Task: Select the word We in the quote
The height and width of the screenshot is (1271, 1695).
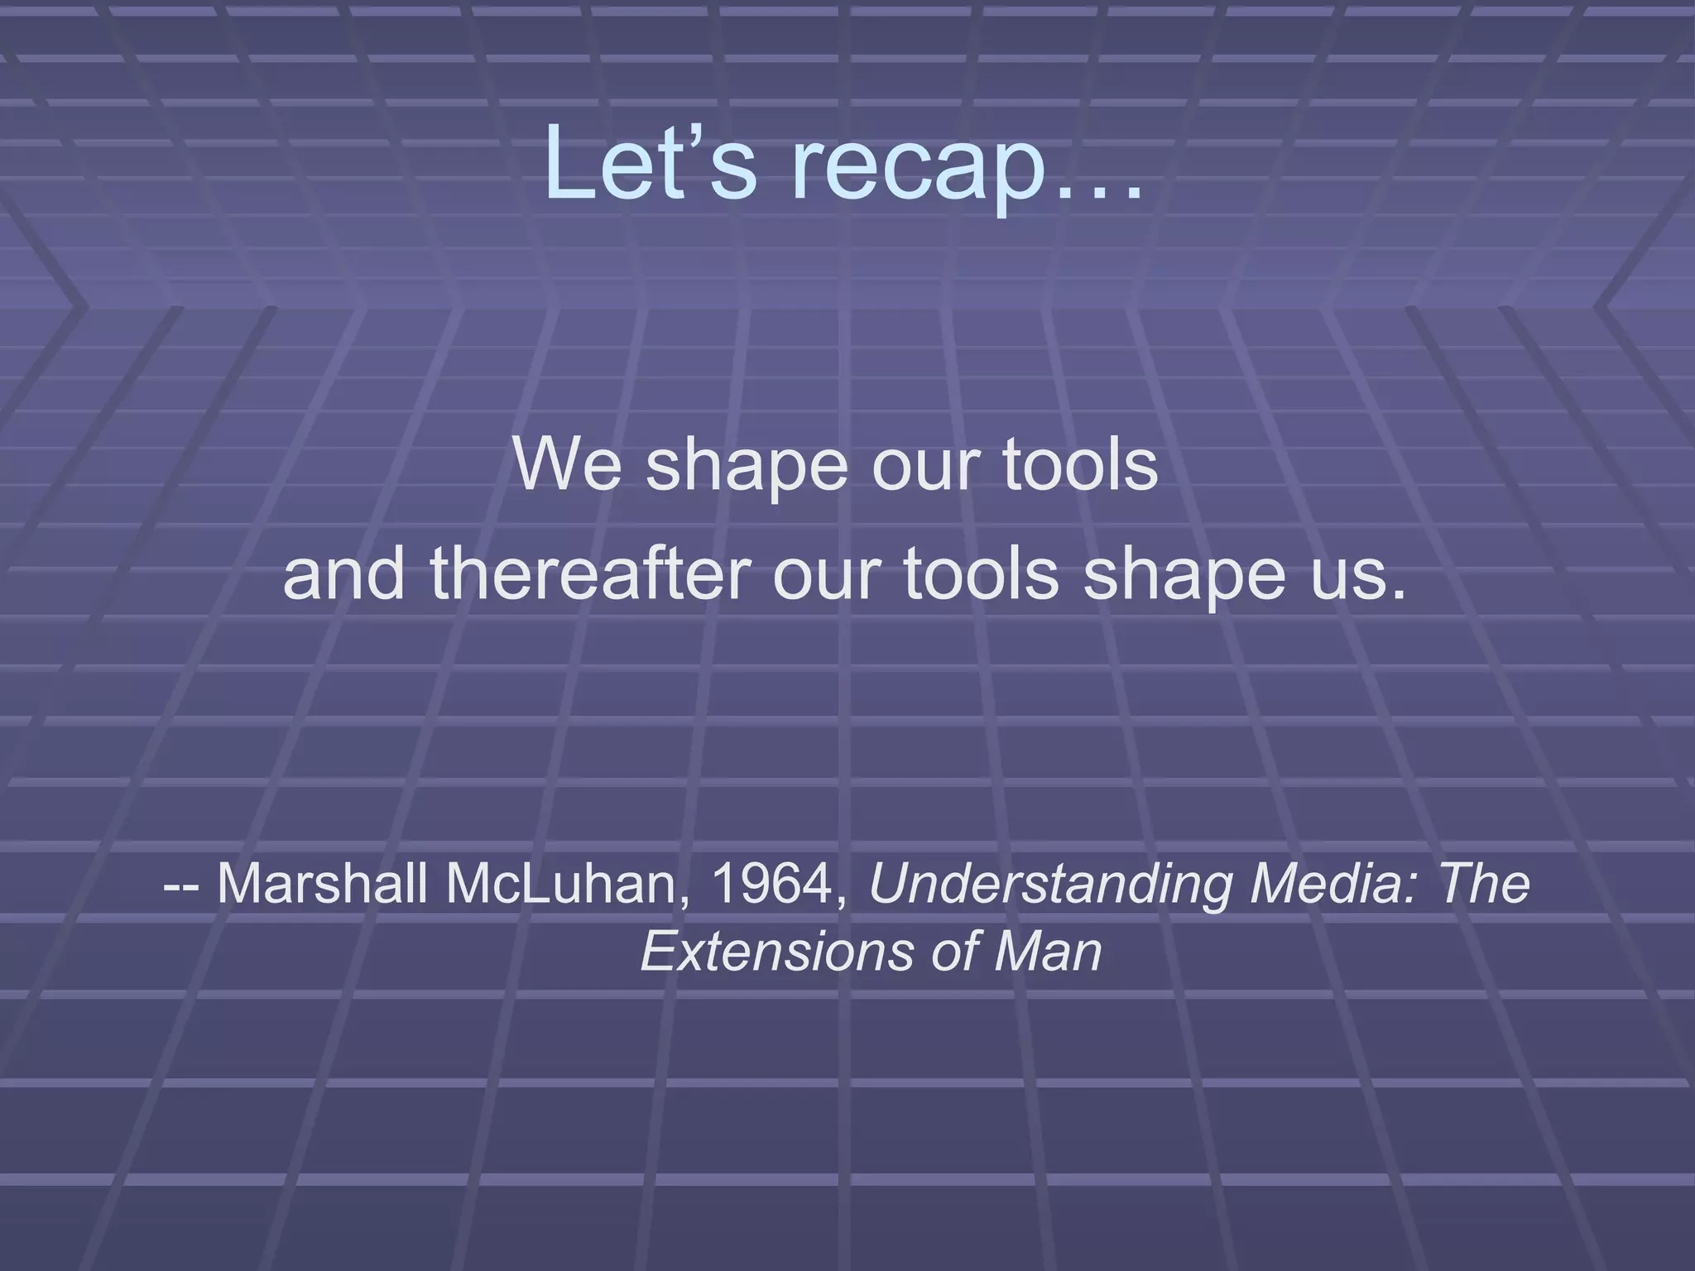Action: [566, 463]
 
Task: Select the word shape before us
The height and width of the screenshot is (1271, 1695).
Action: [1184, 577]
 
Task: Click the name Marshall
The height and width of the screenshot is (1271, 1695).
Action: [322, 883]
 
